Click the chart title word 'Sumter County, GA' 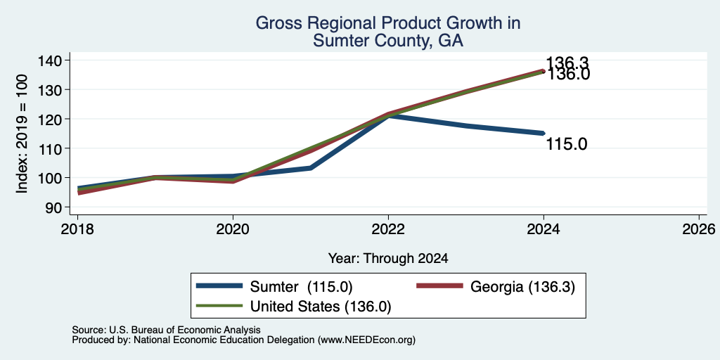(388, 41)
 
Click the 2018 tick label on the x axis (77, 229)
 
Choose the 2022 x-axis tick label (388, 229)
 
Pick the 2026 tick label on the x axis (700, 229)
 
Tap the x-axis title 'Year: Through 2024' (388, 259)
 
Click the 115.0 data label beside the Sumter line (567, 145)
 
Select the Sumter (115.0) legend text (301, 287)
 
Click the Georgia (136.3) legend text (522, 287)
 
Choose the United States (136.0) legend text (321, 307)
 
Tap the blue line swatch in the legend (219, 286)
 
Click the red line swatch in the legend (439, 286)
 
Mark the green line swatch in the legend (219, 305)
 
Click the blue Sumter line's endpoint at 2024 (544, 133)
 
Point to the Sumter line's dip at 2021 (311, 168)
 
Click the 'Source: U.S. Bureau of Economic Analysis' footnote (166, 330)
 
